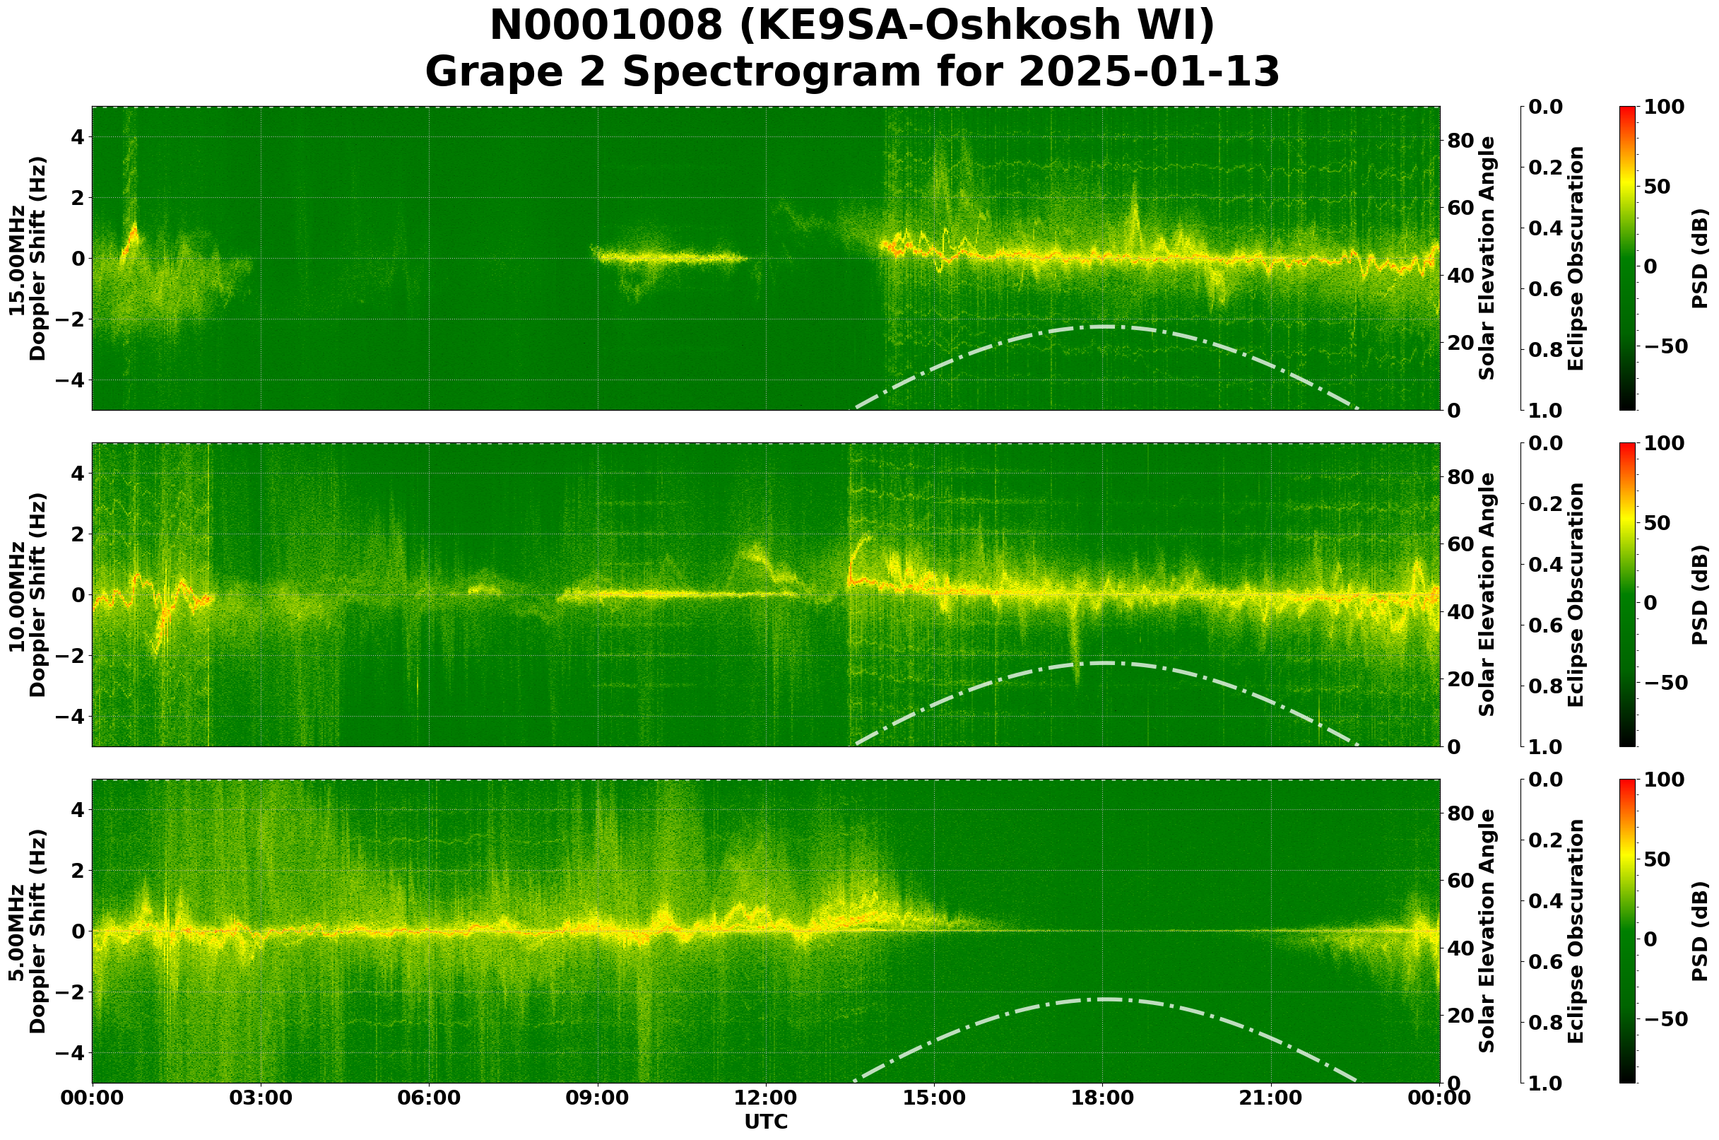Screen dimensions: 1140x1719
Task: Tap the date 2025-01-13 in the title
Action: coord(1148,73)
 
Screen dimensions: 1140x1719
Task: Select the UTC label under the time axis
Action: coord(765,1122)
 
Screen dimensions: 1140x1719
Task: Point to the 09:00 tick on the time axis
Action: coord(598,1098)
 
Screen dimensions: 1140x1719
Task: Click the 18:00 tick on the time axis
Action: coord(1103,1098)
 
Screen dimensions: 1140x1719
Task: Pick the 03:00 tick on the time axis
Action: coord(261,1098)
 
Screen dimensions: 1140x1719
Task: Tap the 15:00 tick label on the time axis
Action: coord(934,1098)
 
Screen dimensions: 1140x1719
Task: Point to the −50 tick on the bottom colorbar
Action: coord(1664,1019)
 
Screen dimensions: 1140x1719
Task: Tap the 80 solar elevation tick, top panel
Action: coord(1460,141)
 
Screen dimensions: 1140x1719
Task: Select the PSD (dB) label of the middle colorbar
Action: coord(1700,594)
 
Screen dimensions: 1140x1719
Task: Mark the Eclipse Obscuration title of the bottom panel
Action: coord(1575,932)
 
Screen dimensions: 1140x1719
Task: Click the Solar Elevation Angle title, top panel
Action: coord(1487,258)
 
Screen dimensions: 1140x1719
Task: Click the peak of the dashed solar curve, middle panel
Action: coord(1103,663)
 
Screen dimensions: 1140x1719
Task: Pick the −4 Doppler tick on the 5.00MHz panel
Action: coord(76,1053)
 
